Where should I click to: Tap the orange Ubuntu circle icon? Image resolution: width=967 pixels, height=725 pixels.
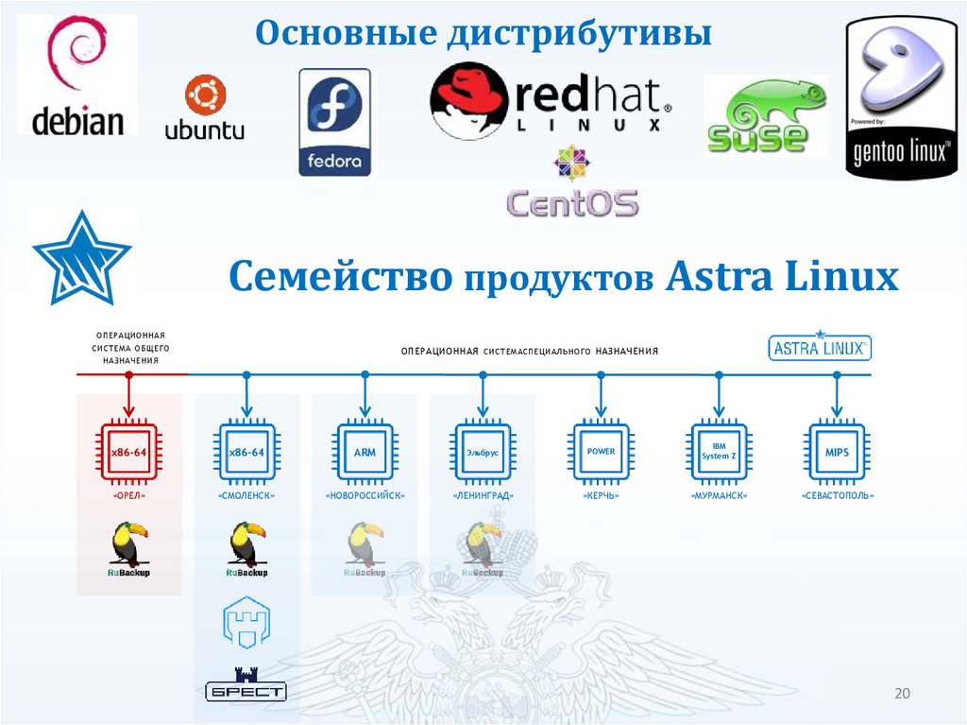point(204,95)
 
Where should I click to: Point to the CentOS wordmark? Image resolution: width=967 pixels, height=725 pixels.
point(572,202)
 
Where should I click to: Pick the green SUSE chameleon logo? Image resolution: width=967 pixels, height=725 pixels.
point(764,115)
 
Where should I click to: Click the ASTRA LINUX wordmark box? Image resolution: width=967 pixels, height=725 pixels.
point(820,347)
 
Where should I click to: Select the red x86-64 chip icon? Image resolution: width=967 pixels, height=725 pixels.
point(129,453)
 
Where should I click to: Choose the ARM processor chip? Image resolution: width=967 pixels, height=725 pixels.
point(365,453)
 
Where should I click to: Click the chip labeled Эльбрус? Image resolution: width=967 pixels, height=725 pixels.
point(483,453)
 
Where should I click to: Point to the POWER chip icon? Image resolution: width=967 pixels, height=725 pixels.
point(601,453)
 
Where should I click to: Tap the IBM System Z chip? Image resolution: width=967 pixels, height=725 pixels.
point(719,453)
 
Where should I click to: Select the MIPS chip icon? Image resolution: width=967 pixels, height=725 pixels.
point(837,453)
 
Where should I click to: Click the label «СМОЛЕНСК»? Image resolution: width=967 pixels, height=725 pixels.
point(246,495)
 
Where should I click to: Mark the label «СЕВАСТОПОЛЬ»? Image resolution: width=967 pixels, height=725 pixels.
point(837,495)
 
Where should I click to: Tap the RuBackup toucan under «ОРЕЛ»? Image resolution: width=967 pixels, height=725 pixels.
point(128,549)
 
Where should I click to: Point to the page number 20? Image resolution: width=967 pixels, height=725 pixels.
point(901,695)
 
